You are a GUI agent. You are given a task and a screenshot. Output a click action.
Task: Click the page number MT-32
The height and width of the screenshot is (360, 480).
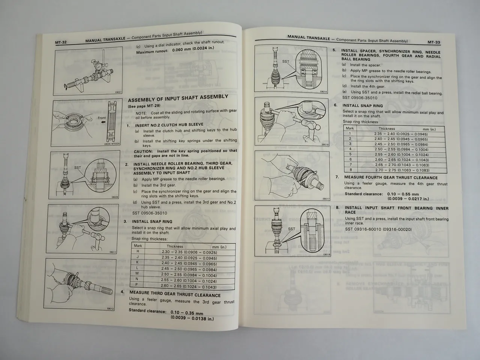point(61,42)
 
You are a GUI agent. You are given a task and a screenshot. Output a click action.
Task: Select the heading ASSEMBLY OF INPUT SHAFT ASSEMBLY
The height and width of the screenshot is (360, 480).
point(178,98)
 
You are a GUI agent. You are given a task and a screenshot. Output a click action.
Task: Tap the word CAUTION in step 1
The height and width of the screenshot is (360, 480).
point(144,151)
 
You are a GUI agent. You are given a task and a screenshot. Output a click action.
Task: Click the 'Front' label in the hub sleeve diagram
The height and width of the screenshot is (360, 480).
point(102,118)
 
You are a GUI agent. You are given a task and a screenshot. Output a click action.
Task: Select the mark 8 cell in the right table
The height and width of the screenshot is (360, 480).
point(350,169)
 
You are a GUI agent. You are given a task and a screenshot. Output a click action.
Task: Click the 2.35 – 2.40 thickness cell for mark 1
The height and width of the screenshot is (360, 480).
point(400,134)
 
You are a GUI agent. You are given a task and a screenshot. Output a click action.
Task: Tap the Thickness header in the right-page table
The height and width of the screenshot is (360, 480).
point(387,129)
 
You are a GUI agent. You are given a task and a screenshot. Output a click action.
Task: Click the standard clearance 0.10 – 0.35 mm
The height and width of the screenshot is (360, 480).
point(187,313)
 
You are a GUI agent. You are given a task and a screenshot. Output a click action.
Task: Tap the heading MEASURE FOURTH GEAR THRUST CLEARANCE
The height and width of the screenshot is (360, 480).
point(391,178)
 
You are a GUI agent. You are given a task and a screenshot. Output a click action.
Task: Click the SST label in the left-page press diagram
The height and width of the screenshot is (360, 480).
point(78,168)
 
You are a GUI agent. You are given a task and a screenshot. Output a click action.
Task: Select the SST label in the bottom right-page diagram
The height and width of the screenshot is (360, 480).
point(291,229)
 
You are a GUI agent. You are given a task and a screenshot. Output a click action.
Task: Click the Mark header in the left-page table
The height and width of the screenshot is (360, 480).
point(138,246)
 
